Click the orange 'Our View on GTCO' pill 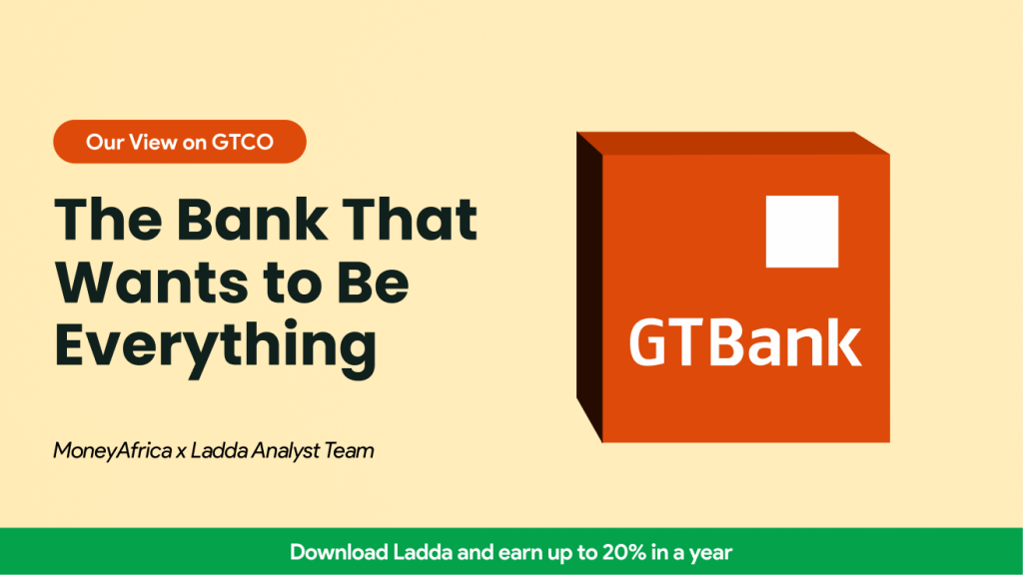click(x=180, y=142)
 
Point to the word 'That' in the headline click(x=413, y=220)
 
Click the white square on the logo click(x=801, y=232)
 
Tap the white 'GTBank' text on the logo click(x=744, y=341)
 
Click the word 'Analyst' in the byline click(x=290, y=451)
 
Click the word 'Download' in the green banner click(x=338, y=552)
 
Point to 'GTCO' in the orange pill click(x=243, y=142)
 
